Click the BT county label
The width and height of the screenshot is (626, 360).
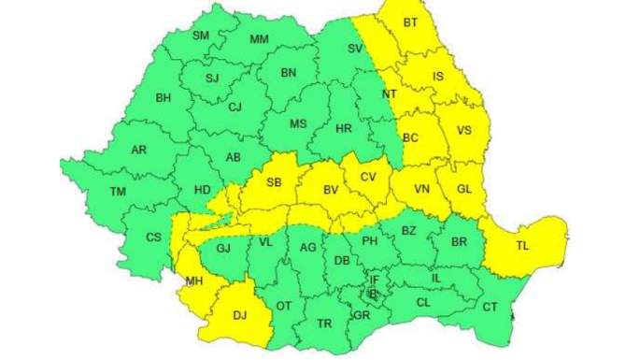(x=411, y=22)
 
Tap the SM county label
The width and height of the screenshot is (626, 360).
(x=201, y=36)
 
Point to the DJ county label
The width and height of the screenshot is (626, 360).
(x=239, y=315)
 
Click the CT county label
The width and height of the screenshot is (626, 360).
(x=491, y=307)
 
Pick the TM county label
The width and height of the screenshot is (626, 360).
(x=118, y=192)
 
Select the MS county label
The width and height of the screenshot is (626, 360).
(x=297, y=123)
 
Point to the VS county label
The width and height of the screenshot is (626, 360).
(x=464, y=131)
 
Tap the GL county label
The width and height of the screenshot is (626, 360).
(x=464, y=189)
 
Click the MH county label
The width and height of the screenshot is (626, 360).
(x=194, y=281)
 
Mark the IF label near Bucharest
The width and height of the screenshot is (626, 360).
(x=375, y=279)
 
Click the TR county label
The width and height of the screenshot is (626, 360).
(x=324, y=324)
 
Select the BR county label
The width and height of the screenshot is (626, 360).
(x=458, y=241)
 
